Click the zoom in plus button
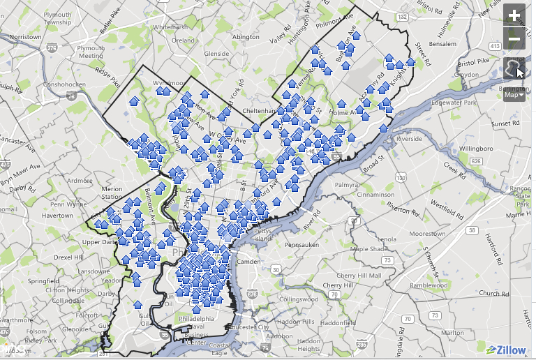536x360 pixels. tap(514, 15)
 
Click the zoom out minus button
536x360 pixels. tap(514, 39)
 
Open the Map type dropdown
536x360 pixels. tap(514, 95)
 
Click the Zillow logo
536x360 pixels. tap(507, 350)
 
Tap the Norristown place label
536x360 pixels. tap(26, 36)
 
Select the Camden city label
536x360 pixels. tap(249, 261)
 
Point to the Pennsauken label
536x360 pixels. tap(301, 245)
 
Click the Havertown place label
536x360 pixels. tap(57, 216)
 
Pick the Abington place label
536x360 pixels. tap(245, 37)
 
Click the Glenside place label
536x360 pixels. tap(216, 53)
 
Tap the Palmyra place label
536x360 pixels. tap(346, 185)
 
